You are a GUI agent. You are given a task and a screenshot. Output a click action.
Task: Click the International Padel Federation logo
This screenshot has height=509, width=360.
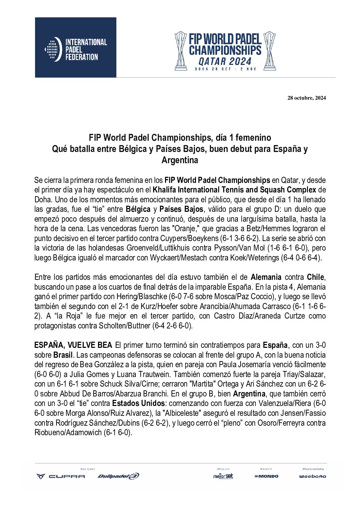tap(76, 48)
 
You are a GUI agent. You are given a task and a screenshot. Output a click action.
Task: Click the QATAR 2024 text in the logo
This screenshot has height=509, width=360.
tap(225, 62)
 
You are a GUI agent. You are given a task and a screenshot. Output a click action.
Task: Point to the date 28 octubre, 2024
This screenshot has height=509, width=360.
tap(307, 98)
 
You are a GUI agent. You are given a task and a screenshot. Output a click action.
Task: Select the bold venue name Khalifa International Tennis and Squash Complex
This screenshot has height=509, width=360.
tap(234, 190)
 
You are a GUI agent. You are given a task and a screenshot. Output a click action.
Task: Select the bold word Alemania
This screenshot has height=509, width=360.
tap(266, 277)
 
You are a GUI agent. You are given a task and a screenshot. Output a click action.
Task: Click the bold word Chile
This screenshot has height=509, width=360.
tap(315, 277)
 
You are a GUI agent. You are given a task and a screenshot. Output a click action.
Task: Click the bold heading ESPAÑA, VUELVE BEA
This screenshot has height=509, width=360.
tap(73, 345)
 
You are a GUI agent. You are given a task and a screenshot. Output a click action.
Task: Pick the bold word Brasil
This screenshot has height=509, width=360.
tap(63, 355)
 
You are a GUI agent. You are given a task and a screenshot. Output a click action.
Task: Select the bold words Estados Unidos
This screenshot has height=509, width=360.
tap(138, 404)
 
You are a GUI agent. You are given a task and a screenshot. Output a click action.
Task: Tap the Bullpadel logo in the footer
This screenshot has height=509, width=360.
tap(118, 476)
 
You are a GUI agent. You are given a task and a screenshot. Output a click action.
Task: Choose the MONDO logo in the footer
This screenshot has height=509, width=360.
tap(266, 476)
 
